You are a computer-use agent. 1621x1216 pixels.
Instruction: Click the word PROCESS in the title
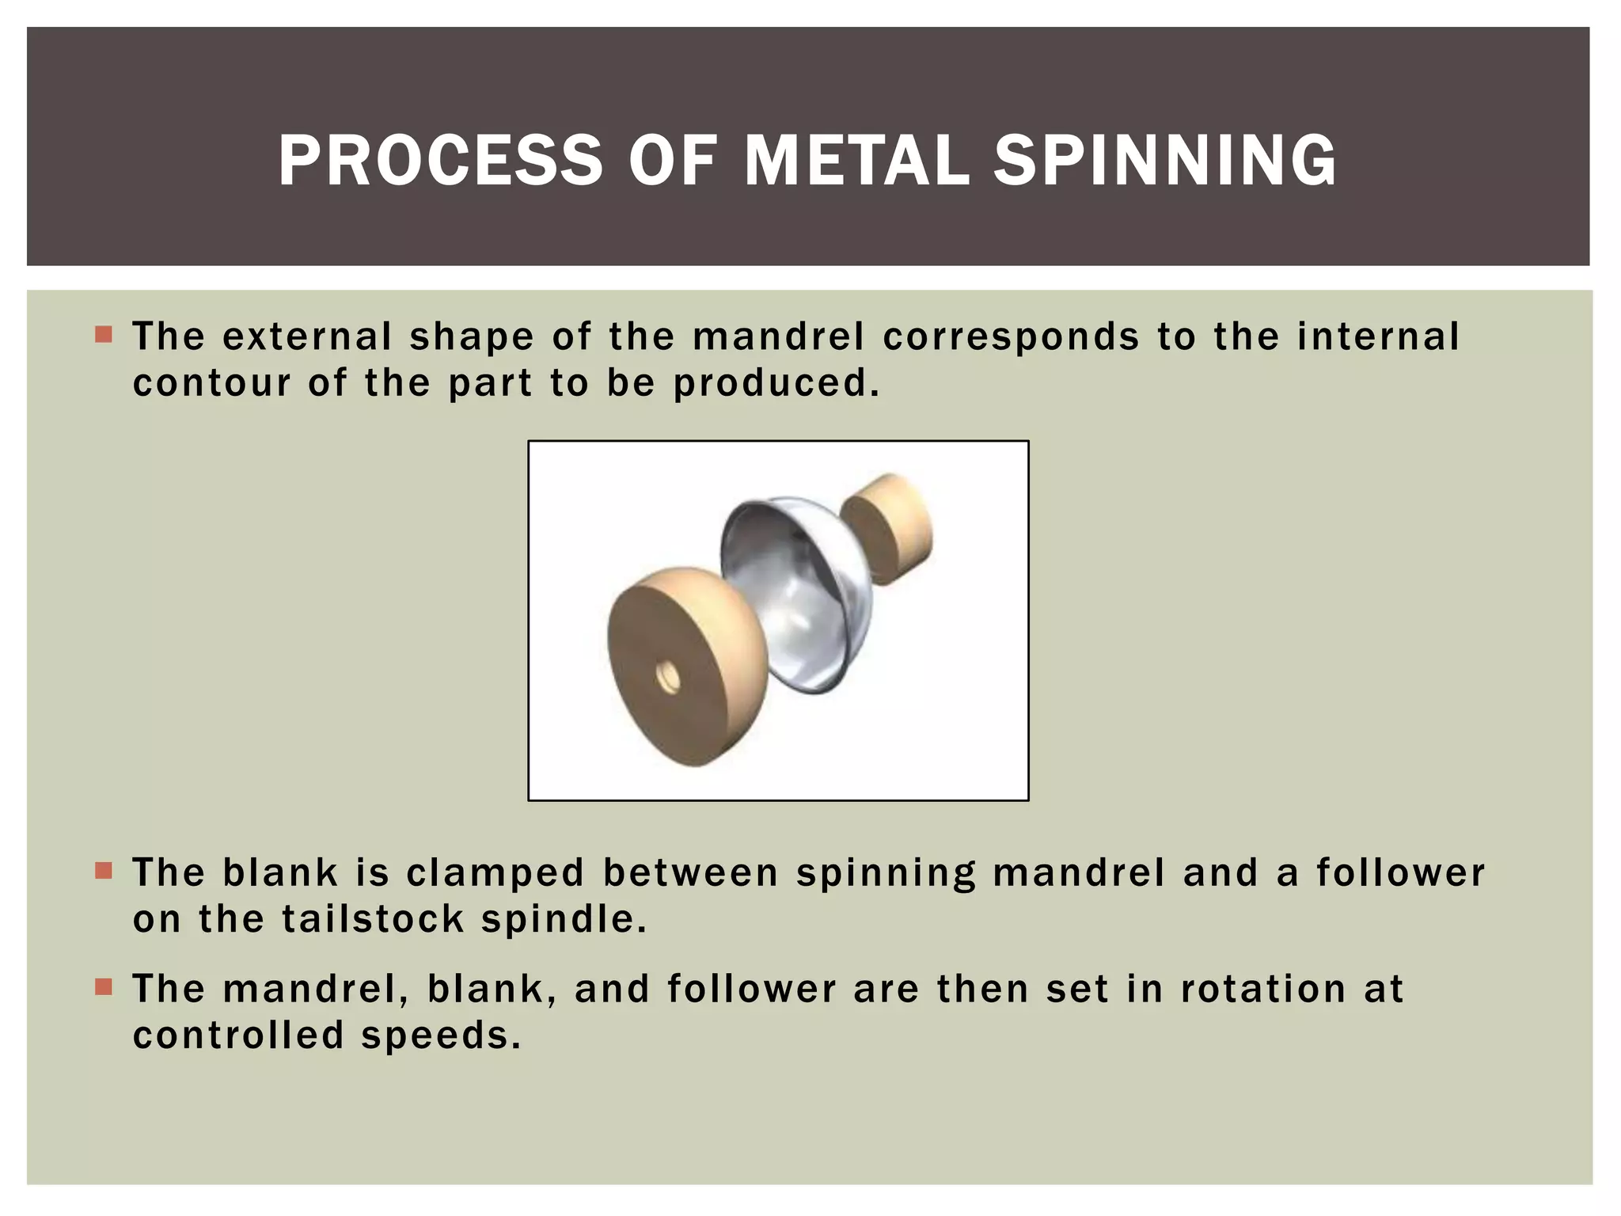coord(440,161)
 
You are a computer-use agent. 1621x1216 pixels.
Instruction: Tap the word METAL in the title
coord(857,161)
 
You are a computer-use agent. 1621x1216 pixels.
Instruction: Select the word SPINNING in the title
coord(1165,161)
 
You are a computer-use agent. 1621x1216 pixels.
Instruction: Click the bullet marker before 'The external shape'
coord(103,335)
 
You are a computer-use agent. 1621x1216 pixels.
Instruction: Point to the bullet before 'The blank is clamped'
coord(103,871)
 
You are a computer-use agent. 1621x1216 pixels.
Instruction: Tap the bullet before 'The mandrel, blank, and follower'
coord(103,987)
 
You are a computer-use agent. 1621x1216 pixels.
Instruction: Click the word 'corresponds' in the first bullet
coord(1011,337)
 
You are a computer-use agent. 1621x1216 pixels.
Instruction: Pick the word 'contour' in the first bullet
coord(212,384)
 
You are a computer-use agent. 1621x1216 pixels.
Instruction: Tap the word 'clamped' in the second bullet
coord(495,873)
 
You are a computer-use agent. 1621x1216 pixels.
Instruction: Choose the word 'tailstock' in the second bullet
coord(373,920)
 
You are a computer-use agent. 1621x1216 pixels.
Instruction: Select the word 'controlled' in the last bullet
coord(238,1035)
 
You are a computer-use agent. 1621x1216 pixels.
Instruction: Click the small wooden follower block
coord(887,527)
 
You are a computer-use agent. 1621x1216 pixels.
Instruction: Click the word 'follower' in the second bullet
coord(1401,872)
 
